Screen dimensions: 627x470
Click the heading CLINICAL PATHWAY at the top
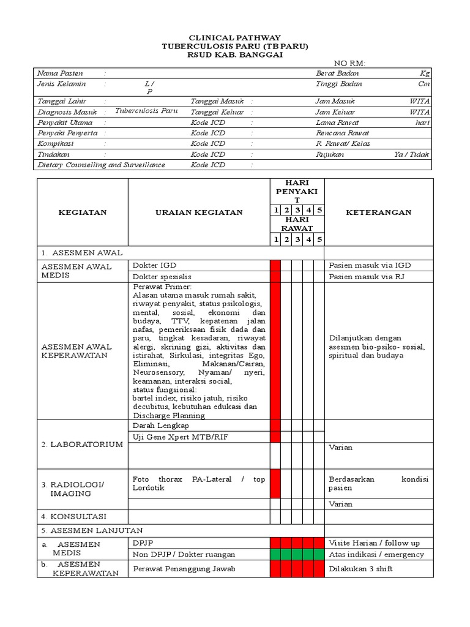235,38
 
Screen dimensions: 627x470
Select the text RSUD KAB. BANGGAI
235,55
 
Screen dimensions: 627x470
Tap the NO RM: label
349,64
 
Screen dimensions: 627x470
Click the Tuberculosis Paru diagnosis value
146,111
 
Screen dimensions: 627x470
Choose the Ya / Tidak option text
412,155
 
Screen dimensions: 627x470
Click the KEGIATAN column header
82,212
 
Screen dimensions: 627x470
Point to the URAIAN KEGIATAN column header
198,212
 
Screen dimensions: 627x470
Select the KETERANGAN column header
378,212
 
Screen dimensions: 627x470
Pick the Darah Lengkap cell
161,426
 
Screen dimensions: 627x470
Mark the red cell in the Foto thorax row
275,484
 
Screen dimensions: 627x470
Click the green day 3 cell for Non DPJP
297,554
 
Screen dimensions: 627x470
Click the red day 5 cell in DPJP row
319,543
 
